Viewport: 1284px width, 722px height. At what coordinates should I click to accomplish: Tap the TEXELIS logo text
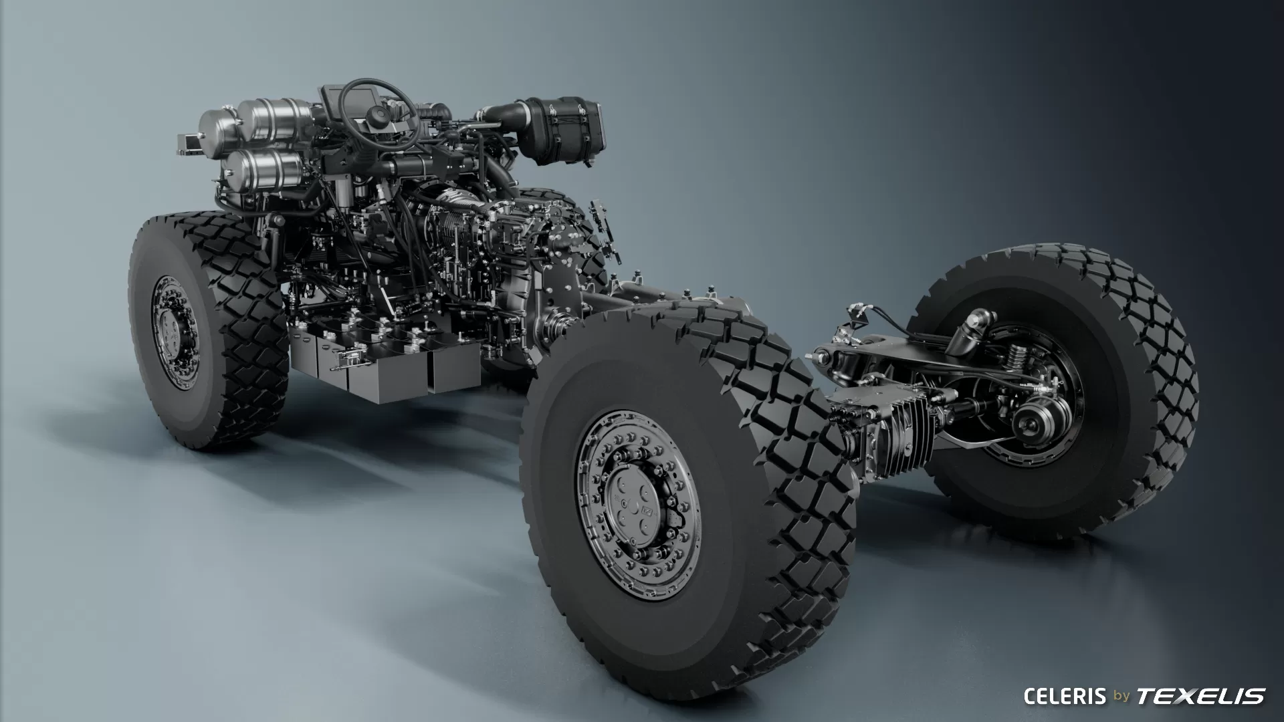1201,696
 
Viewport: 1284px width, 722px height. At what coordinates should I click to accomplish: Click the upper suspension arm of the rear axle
883,354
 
